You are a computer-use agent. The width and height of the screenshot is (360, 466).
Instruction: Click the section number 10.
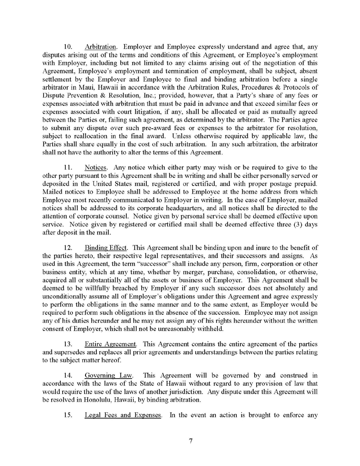(x=69, y=46)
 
